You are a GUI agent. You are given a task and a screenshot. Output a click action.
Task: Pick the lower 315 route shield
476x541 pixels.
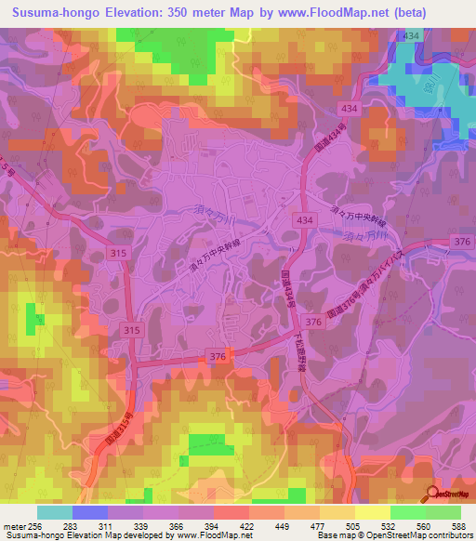(x=131, y=330)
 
